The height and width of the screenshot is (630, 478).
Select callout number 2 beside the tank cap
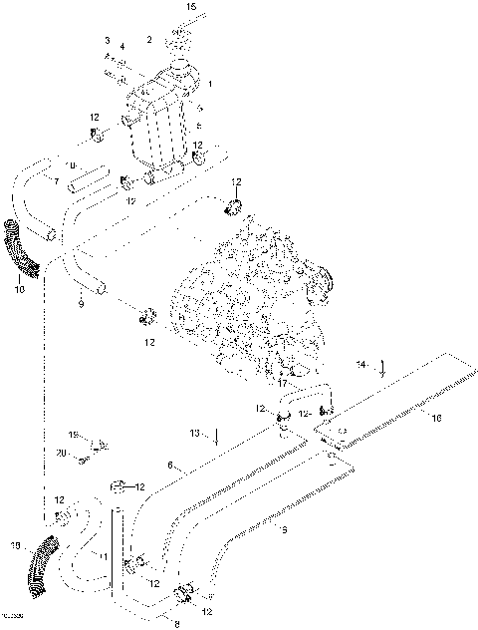point(149,40)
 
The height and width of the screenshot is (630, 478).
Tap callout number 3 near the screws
point(107,40)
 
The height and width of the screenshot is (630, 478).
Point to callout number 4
point(122,47)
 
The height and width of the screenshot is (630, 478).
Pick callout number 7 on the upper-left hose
point(42,180)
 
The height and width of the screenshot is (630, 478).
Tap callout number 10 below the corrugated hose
point(18,290)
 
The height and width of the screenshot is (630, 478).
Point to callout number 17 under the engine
point(282,382)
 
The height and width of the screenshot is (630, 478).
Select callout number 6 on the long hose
point(170,465)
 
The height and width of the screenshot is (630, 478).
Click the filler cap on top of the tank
point(180,47)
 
